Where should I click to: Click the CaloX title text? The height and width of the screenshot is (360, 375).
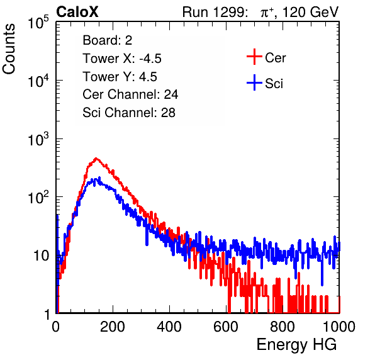click(x=77, y=12)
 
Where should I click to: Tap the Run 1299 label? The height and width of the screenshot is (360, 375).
click(x=215, y=12)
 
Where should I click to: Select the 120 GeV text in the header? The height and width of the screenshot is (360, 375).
click(x=310, y=12)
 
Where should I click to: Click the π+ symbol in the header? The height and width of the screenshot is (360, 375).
click(x=267, y=13)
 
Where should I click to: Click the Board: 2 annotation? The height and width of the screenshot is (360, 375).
click(x=108, y=40)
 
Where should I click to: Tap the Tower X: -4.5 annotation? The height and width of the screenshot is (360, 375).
click(x=122, y=59)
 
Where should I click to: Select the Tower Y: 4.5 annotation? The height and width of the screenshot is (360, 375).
click(x=120, y=77)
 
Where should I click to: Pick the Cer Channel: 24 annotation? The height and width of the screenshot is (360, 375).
click(x=130, y=94)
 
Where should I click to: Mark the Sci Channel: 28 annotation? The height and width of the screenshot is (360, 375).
click(x=129, y=113)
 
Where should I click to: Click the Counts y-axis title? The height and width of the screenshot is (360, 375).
click(x=9, y=49)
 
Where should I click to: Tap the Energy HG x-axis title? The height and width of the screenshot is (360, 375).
click(x=296, y=345)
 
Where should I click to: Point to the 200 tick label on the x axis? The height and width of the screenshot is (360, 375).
click(x=113, y=327)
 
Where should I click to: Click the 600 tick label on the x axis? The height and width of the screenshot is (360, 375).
click(x=226, y=327)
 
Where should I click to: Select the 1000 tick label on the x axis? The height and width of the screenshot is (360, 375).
click(x=339, y=327)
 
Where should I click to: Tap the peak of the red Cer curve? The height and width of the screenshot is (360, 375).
click(x=96, y=158)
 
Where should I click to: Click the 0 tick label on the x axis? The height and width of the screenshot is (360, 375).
click(x=55, y=327)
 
